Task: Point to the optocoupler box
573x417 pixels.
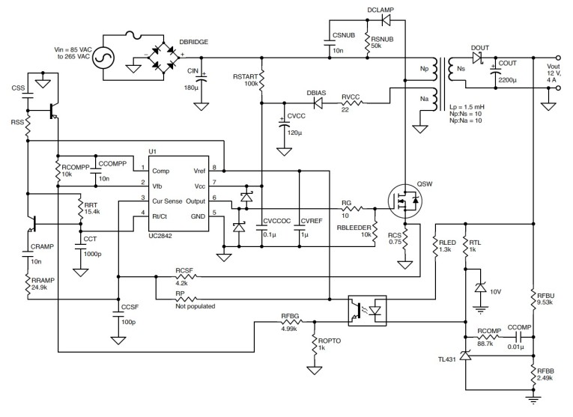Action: click(367, 309)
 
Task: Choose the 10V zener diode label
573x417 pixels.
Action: click(495, 289)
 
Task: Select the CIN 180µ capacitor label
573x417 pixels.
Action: click(192, 79)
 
